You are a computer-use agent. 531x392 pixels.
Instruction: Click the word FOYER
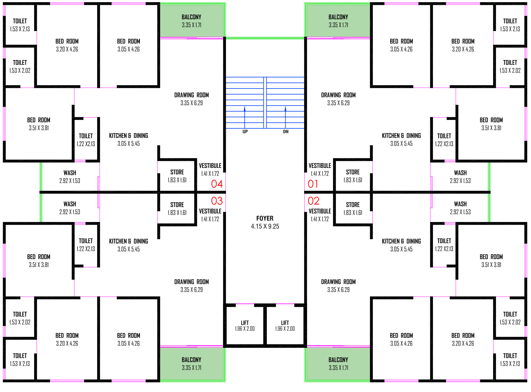click(x=265, y=218)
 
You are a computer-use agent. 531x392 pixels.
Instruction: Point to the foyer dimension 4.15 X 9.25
click(x=265, y=227)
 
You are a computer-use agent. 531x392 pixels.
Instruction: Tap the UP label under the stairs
click(x=245, y=132)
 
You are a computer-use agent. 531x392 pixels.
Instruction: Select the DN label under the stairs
click(x=286, y=132)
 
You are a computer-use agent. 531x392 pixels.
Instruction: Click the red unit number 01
click(x=313, y=184)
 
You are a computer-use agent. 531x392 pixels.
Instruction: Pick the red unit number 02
click(x=313, y=201)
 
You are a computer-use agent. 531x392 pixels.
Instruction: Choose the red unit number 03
click(x=217, y=201)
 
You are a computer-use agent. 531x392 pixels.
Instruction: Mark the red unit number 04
click(x=217, y=184)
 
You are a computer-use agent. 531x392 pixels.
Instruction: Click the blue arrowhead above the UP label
click(x=244, y=108)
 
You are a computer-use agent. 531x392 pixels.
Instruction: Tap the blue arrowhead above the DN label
click(x=285, y=108)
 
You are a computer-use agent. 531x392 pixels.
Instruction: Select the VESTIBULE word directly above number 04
click(x=210, y=165)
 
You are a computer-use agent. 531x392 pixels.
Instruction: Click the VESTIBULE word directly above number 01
click(x=320, y=165)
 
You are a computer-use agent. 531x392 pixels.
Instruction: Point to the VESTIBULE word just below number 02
click(x=320, y=211)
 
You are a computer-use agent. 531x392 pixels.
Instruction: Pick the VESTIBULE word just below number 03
click(x=210, y=211)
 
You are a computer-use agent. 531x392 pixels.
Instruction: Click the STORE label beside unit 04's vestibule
click(x=177, y=172)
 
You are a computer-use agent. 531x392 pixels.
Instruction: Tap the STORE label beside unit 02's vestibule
click(x=353, y=205)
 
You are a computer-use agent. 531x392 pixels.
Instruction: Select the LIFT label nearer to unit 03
click(x=245, y=323)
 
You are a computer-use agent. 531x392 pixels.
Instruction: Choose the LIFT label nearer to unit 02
click(x=285, y=323)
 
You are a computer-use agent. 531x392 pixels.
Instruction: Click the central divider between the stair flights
click(x=265, y=103)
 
